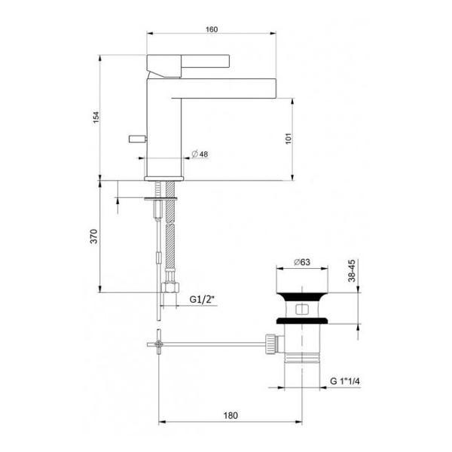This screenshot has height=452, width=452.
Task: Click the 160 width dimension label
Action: (211, 29)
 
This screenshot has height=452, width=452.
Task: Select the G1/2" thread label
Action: (203, 299)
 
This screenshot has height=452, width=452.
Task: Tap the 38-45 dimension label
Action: (352, 273)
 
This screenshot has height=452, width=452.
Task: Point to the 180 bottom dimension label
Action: (231, 415)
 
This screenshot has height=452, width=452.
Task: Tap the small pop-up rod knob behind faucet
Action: (136, 138)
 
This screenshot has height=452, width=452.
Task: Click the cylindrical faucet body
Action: (163, 136)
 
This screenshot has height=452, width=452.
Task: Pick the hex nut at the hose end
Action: (170, 289)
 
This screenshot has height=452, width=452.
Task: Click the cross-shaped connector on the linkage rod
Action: (159, 344)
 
